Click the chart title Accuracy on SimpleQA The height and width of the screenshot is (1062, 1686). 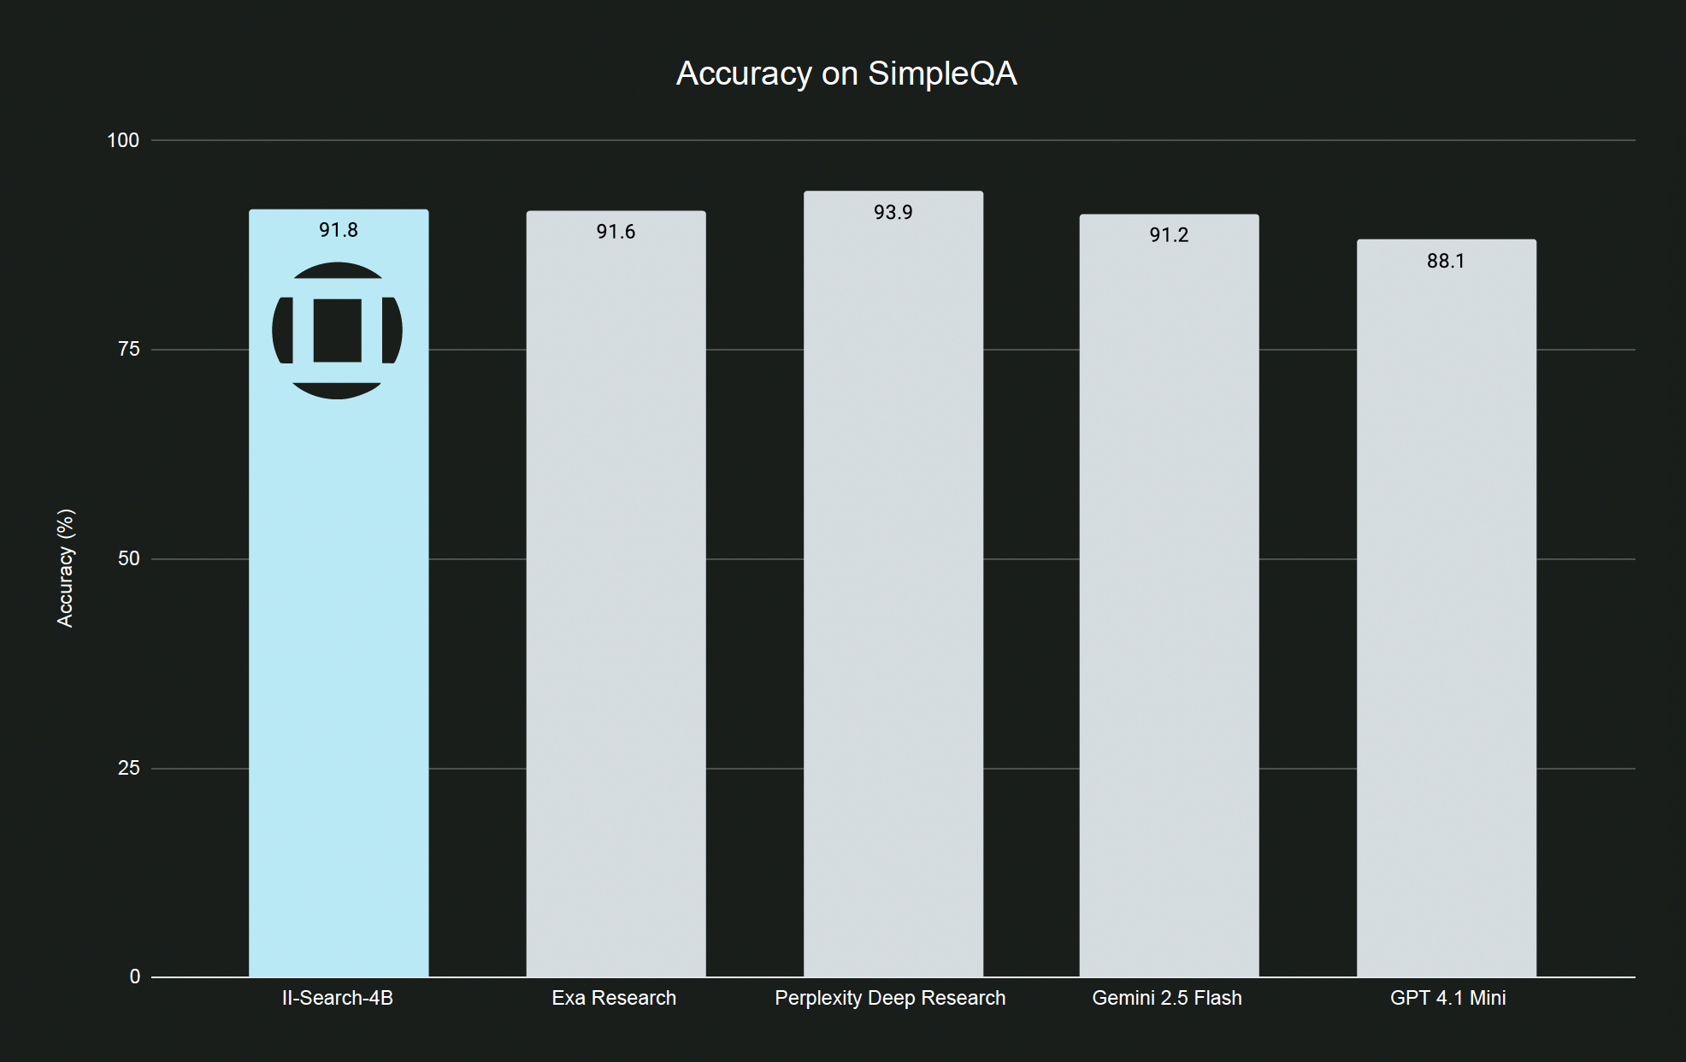846,74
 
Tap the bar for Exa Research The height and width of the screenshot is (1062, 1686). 616,599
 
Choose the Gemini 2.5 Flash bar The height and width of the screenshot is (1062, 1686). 1169,599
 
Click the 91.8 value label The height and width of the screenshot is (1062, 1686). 339,230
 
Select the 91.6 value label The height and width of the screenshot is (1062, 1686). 616,232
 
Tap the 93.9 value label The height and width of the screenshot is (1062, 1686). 893,212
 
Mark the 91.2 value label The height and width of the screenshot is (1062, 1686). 1169,235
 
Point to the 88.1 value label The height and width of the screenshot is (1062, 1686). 1446,261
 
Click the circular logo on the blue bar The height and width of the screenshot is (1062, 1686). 337,330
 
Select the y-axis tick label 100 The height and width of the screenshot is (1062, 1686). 123,140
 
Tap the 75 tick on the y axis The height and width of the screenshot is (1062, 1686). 128,349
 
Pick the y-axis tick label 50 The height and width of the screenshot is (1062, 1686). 128,558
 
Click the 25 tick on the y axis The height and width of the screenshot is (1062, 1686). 128,768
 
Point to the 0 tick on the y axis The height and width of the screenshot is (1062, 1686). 134,976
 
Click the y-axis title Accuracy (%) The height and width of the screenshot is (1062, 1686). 65,568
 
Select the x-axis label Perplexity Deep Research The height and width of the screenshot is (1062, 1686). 890,998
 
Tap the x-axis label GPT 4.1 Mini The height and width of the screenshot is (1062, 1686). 1447,998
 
